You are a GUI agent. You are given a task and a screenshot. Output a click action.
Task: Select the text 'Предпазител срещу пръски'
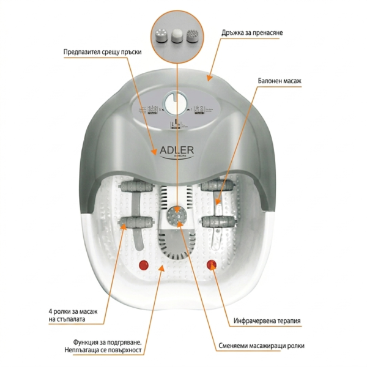[102, 52]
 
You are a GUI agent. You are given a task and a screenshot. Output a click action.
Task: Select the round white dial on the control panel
[177, 100]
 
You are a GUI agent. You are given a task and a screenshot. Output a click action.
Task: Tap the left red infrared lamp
[144, 265]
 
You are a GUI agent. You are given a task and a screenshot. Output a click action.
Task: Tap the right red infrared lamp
[212, 265]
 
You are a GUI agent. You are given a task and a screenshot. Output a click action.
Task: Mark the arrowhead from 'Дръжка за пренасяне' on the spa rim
[209, 78]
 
